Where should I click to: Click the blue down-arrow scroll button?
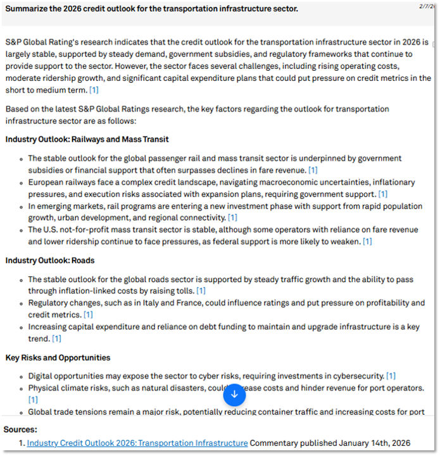click(234, 395)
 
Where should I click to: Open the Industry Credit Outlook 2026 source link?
click(137, 443)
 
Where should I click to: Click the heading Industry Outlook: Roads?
click(50, 260)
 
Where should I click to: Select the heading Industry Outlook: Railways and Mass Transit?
click(87, 139)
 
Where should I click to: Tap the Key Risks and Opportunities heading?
click(58, 357)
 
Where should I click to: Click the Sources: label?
click(20, 429)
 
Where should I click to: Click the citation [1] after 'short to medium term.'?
click(94, 90)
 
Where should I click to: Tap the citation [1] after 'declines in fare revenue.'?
click(313, 170)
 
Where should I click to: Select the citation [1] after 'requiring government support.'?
click(382, 194)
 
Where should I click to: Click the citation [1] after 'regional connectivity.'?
click(232, 218)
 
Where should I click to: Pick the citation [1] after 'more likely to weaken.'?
click(367, 242)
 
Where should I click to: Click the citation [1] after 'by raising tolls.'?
click(201, 291)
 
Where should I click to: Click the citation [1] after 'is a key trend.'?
click(56, 339)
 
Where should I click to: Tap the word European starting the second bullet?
click(46, 183)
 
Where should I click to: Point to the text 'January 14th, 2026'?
click(374, 443)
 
